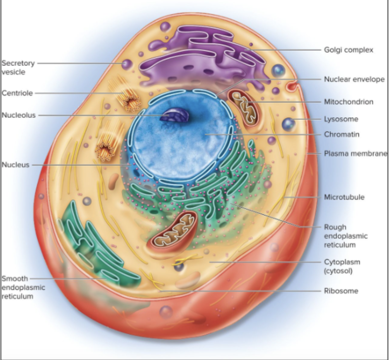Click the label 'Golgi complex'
[349, 50]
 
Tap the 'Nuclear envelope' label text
[354, 80]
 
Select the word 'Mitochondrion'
[349, 102]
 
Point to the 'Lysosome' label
[341, 119]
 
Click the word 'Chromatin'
[342, 135]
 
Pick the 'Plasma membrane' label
[355, 153]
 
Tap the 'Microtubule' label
[344, 197]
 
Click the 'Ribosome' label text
[341, 291]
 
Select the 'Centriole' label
[17, 93]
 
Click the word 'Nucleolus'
[19, 115]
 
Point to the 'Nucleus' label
[16, 165]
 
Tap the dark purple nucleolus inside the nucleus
[175, 116]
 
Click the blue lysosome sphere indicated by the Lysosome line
[288, 124]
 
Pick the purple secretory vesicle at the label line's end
[127, 64]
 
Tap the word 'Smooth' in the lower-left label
[15, 278]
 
